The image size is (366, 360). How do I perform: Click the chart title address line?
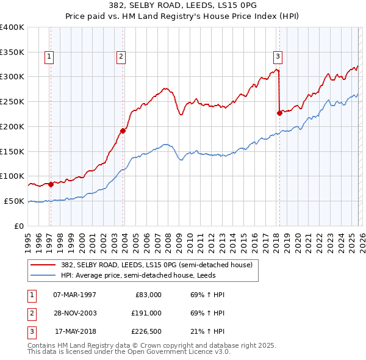pos(182,6)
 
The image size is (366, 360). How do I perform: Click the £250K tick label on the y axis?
pos(12,101)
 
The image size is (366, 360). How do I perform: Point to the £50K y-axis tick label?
pos(14,201)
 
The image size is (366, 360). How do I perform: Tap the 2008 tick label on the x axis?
pos(168,239)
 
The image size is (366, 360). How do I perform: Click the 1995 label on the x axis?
pos(28,239)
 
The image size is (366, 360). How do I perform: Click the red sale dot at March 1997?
pos(51,184)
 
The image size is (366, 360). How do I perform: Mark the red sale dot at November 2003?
pos(123,131)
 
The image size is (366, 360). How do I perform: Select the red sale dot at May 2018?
pos(279,113)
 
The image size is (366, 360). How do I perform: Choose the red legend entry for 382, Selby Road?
pos(152,264)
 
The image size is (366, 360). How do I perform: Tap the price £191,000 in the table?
pos(146,312)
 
